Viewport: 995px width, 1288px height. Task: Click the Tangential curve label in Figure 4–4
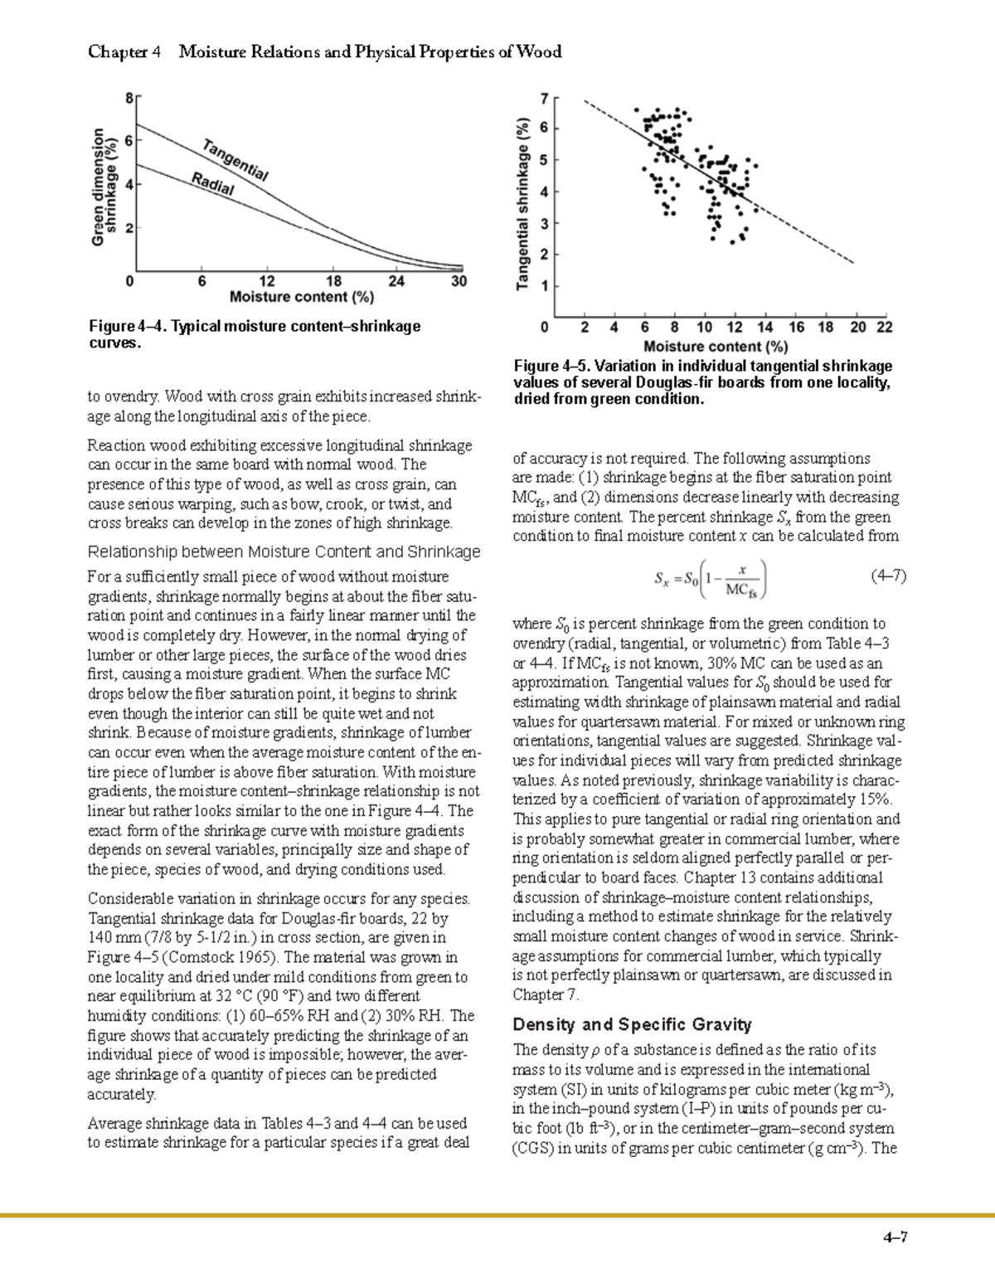coord(235,161)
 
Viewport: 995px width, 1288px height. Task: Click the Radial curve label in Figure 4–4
coord(213,184)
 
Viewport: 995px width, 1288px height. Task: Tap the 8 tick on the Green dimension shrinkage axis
coord(129,98)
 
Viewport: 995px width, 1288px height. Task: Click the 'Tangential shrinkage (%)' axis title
coord(522,202)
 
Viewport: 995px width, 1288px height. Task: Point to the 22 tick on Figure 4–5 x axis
coord(885,328)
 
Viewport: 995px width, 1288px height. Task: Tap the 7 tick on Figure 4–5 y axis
coord(544,99)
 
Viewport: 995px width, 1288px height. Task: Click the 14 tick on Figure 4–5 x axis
coord(764,328)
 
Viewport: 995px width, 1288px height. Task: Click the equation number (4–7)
coord(888,575)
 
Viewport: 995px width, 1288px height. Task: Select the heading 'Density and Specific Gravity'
coord(632,1024)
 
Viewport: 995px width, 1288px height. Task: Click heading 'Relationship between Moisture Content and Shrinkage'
coord(284,552)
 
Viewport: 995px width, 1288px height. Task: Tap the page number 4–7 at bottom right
coord(895,1238)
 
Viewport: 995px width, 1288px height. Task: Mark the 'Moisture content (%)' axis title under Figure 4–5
coord(716,346)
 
